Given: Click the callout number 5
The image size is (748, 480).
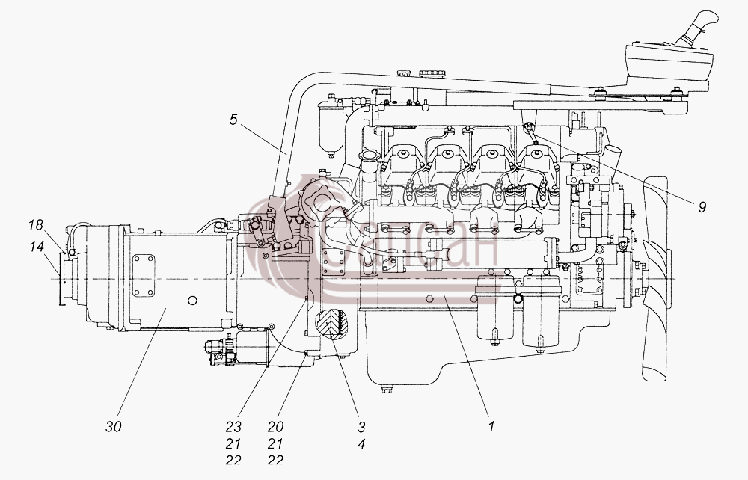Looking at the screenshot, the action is (x=233, y=120).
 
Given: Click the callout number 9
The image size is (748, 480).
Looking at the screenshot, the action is (x=702, y=207).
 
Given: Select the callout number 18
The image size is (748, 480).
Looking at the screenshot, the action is (x=35, y=224).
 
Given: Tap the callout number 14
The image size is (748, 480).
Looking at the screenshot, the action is (x=36, y=247).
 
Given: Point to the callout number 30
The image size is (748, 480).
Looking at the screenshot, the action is (x=114, y=427).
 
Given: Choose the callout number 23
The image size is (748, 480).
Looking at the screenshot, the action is (x=233, y=427).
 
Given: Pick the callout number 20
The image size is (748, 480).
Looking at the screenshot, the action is (x=275, y=427).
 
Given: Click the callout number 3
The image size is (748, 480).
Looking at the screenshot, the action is (x=361, y=427).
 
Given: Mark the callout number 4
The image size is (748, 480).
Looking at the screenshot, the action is (x=361, y=444).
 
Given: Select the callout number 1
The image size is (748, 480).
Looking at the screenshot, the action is (x=492, y=427).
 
